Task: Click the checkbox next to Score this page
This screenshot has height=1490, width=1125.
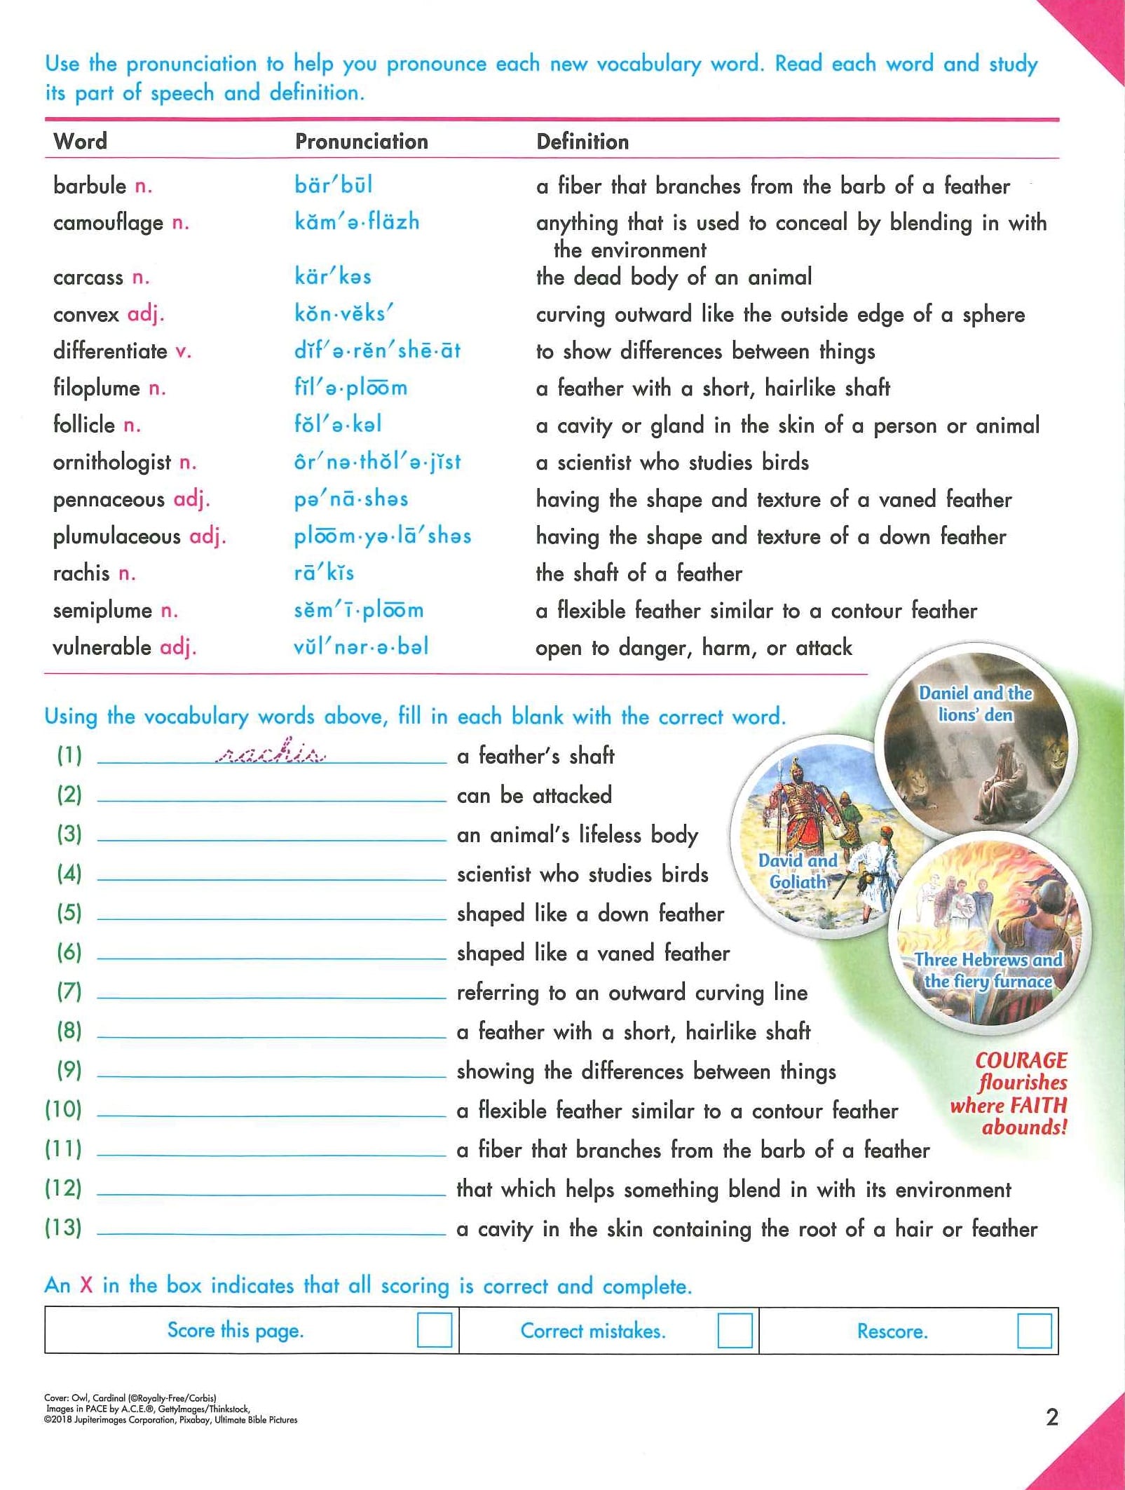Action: coord(434,1330)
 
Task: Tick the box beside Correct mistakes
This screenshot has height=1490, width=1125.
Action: coord(735,1330)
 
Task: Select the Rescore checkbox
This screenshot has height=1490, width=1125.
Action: coord(1034,1330)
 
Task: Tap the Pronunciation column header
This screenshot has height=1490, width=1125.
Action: coord(361,142)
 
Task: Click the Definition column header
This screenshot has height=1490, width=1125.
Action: coord(582,142)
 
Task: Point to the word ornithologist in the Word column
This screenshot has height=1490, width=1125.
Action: coord(112,462)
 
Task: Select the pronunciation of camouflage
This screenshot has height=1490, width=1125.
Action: coord(357,222)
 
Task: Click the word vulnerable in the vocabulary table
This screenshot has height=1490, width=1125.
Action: coord(102,646)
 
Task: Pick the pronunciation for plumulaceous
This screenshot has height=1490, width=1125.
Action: coord(382,536)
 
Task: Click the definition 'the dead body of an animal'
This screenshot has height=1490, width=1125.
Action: coord(674,277)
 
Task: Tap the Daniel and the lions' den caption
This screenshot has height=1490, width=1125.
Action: coord(975,703)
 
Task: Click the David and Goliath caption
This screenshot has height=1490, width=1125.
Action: coord(798,870)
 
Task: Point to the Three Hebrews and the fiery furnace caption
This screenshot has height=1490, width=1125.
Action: coord(988,970)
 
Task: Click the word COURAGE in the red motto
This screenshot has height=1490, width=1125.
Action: coord(1021,1060)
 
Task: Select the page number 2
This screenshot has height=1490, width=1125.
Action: coord(1051,1417)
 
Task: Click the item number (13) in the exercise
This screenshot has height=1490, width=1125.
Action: coord(63,1228)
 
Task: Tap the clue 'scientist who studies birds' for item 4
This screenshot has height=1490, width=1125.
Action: coord(582,874)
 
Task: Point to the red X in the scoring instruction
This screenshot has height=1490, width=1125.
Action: coord(86,1285)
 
